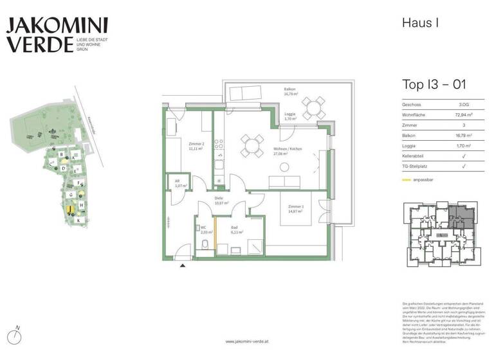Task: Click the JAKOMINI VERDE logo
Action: point(57,35)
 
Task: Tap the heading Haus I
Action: point(420,23)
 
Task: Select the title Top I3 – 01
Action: point(434,84)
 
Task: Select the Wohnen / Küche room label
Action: point(287,152)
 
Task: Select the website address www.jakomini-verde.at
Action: point(247,342)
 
